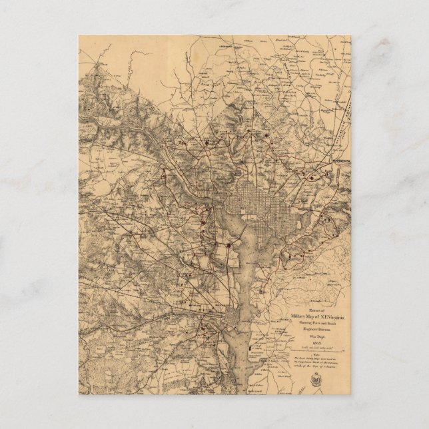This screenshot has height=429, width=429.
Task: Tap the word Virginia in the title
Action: point(327,300)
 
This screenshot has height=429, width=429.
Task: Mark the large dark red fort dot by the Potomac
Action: point(228,244)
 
